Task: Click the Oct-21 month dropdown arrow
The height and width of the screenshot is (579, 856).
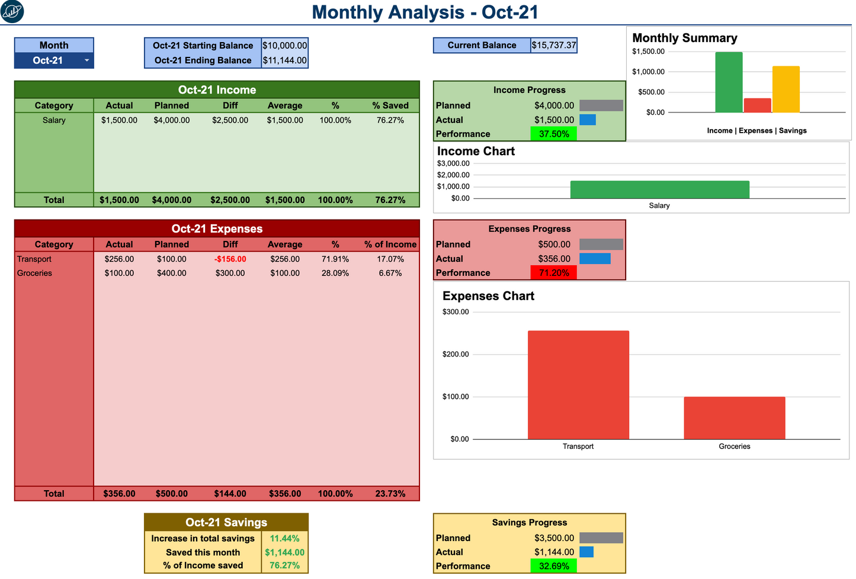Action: tap(86, 60)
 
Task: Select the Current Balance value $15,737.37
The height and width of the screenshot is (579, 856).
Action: tap(554, 46)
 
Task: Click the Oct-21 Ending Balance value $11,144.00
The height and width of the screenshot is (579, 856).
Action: tap(284, 60)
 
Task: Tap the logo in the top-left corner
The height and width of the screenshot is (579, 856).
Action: tap(12, 12)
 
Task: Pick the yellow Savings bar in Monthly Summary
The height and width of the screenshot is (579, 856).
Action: tap(786, 89)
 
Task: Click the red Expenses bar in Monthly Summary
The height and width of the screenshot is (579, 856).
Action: tap(757, 105)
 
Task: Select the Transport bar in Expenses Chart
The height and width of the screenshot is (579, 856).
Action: tap(578, 385)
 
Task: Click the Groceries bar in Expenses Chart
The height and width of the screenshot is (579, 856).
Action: tap(734, 418)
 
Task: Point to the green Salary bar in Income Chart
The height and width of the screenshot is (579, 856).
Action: tap(659, 189)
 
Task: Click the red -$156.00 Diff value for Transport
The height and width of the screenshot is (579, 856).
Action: tap(230, 259)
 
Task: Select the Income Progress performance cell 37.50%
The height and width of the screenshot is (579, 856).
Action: tap(553, 134)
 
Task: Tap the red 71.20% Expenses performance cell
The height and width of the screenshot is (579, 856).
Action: tap(553, 273)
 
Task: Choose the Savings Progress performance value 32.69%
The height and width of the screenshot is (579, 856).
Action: tap(553, 567)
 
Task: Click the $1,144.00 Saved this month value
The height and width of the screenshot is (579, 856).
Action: tap(284, 552)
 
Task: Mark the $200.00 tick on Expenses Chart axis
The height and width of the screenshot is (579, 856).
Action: tap(455, 355)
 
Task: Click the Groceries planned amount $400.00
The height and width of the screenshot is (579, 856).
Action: tap(171, 274)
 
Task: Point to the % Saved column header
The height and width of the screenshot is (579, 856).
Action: tap(390, 105)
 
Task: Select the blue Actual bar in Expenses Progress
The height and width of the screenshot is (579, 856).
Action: tap(595, 259)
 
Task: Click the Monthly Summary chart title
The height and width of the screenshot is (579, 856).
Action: tap(684, 38)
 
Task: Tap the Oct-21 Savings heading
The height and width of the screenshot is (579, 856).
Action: tap(226, 522)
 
